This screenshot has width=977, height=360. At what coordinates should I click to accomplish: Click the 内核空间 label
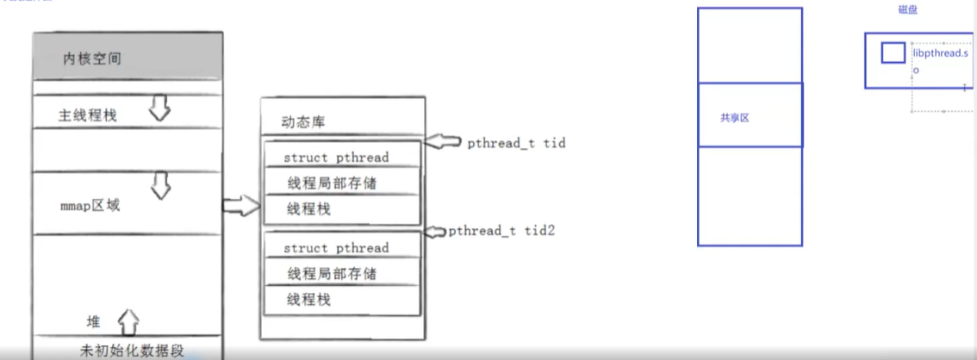(x=91, y=59)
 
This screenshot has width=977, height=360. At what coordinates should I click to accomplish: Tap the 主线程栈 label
(x=87, y=115)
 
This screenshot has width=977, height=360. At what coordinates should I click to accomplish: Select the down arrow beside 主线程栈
(x=160, y=108)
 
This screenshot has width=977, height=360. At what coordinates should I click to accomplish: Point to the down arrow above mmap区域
(x=160, y=183)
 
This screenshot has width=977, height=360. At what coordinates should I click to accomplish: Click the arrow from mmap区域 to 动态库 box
(x=240, y=205)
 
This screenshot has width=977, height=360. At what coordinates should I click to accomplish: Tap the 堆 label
(x=93, y=322)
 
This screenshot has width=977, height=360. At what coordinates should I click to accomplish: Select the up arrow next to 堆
(x=128, y=321)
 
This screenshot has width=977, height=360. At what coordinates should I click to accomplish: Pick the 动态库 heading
(x=303, y=121)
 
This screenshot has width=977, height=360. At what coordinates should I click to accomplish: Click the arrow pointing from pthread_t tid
(x=445, y=142)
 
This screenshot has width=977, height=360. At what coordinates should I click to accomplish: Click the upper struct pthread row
(x=336, y=158)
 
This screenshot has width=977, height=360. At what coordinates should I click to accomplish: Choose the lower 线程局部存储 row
(x=332, y=274)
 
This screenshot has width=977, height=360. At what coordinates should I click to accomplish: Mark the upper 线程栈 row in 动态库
(x=308, y=208)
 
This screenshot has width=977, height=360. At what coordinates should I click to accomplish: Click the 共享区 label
(x=734, y=117)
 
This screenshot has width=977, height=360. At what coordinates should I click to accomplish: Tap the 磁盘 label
(x=908, y=9)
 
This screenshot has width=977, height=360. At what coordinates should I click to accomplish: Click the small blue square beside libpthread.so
(x=893, y=53)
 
